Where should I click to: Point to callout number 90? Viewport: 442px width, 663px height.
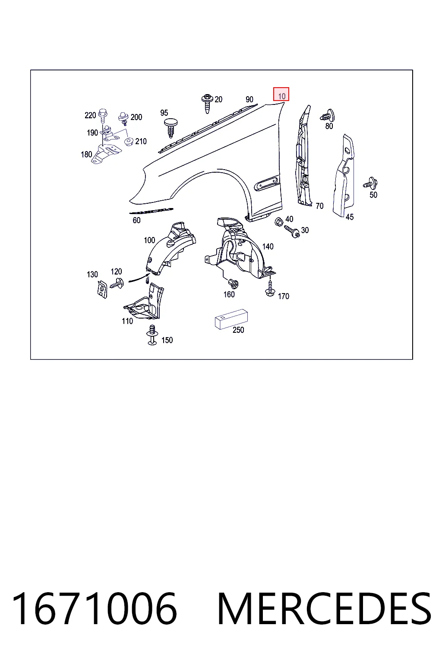tap(249, 99)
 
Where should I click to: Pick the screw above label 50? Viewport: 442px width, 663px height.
tap(370, 183)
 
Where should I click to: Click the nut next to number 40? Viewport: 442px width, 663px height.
tap(279, 222)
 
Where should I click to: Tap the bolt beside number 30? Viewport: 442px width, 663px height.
tap(293, 231)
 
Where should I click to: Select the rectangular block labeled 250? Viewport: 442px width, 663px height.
tap(231, 319)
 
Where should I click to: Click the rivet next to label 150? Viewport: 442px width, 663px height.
tap(152, 335)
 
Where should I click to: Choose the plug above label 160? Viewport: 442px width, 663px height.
tap(233, 284)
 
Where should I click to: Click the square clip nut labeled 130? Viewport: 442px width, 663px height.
tap(102, 289)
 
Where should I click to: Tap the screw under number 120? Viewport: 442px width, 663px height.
tap(117, 284)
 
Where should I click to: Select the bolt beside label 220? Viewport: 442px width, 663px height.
tap(103, 116)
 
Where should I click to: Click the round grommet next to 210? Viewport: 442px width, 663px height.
tap(129, 142)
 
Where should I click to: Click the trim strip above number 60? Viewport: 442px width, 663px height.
tap(151, 211)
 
